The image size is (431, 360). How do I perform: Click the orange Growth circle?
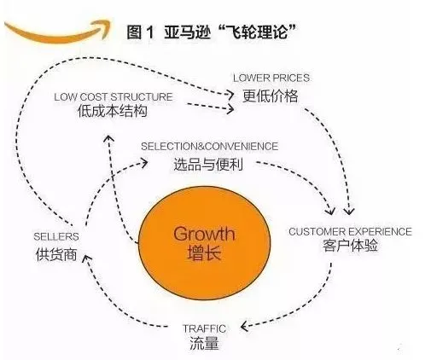click(205, 243)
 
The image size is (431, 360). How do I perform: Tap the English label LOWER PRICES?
click(271, 78)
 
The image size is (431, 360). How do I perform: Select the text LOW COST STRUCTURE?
click(114, 97)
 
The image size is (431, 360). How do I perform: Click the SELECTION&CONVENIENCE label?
click(209, 146)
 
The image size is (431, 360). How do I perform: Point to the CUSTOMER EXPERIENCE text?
click(350, 231)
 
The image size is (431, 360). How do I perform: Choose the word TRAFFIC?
click(204, 328)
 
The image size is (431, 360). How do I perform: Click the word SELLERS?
click(56, 236)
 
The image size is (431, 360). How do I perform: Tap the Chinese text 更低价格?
click(270, 96)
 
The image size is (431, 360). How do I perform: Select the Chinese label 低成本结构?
click(113, 111)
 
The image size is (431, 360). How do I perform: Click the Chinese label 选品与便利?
click(208, 165)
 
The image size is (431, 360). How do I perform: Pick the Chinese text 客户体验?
click(350, 246)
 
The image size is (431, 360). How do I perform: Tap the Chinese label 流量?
click(204, 343)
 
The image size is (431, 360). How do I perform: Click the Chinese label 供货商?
click(56, 254)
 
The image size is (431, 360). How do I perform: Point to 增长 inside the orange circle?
click(204, 253)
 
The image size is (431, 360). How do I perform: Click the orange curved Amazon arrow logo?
click(57, 31)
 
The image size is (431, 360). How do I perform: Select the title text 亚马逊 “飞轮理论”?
click(230, 32)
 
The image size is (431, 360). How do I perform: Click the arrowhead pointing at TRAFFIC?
click(244, 326)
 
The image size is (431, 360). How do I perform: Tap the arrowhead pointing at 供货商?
click(86, 259)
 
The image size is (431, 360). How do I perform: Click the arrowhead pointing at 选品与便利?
click(144, 162)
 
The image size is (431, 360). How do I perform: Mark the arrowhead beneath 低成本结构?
click(108, 138)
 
